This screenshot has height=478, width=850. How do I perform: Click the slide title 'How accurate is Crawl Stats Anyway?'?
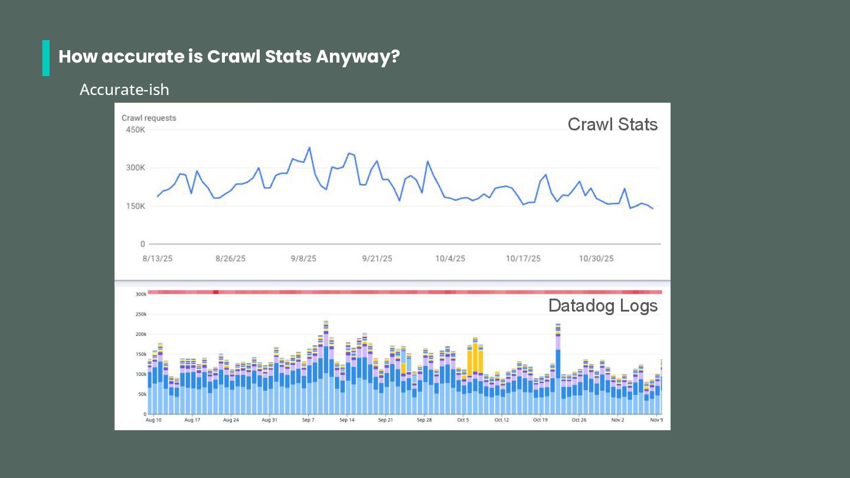(x=229, y=57)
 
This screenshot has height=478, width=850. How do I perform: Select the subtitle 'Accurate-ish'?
(x=125, y=90)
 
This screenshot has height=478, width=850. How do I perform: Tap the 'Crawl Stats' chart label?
(x=612, y=125)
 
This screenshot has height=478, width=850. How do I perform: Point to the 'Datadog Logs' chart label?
(x=603, y=306)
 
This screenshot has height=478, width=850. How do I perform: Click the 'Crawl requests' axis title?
(x=149, y=118)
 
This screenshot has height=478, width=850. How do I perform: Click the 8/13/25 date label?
(x=158, y=258)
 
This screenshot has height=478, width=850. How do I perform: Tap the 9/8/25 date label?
(x=303, y=258)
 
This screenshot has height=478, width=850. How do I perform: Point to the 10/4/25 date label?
(x=450, y=258)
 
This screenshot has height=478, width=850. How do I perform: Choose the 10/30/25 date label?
(x=596, y=258)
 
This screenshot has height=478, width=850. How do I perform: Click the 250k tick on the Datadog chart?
(x=141, y=314)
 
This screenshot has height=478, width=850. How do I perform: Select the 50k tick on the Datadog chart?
(x=142, y=394)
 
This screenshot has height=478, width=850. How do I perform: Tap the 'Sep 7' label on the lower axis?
(x=308, y=420)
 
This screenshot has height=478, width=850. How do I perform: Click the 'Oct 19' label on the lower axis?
(x=540, y=420)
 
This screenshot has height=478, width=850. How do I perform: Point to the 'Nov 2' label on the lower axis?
(x=617, y=420)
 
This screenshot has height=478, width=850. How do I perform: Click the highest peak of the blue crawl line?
(x=309, y=148)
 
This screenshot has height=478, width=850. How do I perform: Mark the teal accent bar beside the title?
(x=46, y=58)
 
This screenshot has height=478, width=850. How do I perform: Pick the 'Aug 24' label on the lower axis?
(x=231, y=420)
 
